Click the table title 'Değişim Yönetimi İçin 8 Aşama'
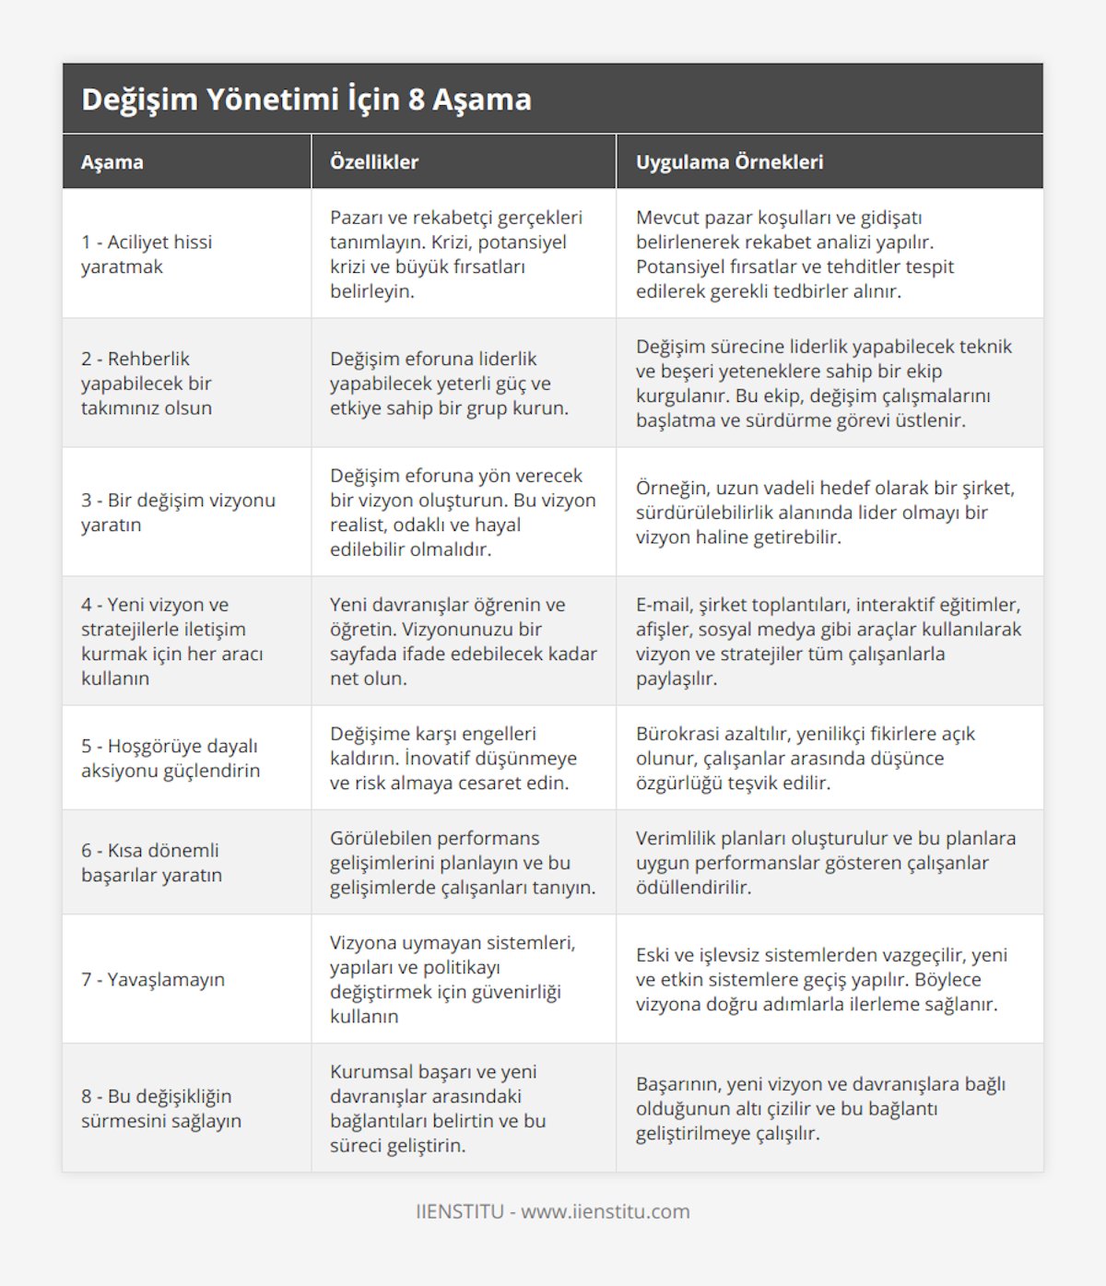pyautogui.click(x=306, y=100)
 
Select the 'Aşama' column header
pyautogui.click(x=112, y=162)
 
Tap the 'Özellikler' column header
pyautogui.click(x=374, y=162)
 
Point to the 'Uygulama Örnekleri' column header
pyautogui.click(x=729, y=162)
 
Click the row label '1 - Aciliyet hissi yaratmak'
pyautogui.click(x=147, y=254)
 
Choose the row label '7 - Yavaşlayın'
pyautogui.click(x=153, y=979)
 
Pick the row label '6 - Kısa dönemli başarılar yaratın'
pyautogui.click(x=151, y=863)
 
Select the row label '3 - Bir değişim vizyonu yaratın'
pyautogui.click(x=178, y=513)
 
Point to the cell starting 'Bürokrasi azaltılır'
pyautogui.click(x=805, y=758)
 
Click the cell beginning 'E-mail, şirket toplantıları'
pyautogui.click(x=828, y=642)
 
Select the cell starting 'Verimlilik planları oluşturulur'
pyautogui.click(x=825, y=863)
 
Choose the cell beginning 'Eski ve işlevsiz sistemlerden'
pyautogui.click(x=821, y=979)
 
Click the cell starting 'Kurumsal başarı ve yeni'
pyautogui.click(x=438, y=1108)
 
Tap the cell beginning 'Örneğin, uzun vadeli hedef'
pyautogui.click(x=825, y=513)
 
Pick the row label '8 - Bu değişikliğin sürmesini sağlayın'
pyautogui.click(x=161, y=1108)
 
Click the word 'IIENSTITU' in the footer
pyautogui.click(x=459, y=1211)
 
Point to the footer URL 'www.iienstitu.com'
pyautogui.click(x=606, y=1211)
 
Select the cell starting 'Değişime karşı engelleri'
pyautogui.click(x=453, y=758)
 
